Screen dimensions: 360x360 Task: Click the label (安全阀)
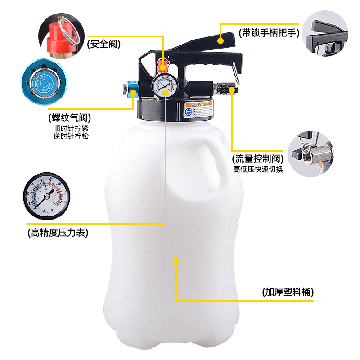(105, 44)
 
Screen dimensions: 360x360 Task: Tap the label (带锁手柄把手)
(270, 33)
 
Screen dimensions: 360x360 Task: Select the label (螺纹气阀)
(69, 118)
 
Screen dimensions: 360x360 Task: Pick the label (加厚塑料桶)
(288, 292)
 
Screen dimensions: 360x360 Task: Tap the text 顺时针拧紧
(70, 128)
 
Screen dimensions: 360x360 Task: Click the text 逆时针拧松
(70, 136)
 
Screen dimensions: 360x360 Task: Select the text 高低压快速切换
(258, 170)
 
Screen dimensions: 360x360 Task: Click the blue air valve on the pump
(132, 89)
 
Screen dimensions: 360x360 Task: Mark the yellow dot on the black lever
(220, 40)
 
